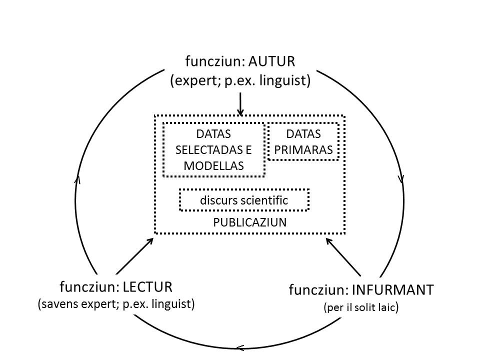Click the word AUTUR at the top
(271, 61)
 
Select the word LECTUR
(147, 287)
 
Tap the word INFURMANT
(393, 289)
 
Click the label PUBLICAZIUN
(250, 222)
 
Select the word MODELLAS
(213, 166)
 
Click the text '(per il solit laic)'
(361, 307)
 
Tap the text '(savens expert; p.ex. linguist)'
(116, 304)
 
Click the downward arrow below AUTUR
(240, 104)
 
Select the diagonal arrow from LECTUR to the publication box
(134, 256)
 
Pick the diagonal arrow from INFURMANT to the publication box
(343, 257)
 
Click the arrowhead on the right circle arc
(402, 179)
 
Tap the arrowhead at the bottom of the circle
(239, 348)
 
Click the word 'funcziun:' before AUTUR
(214, 61)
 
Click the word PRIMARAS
(303, 150)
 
